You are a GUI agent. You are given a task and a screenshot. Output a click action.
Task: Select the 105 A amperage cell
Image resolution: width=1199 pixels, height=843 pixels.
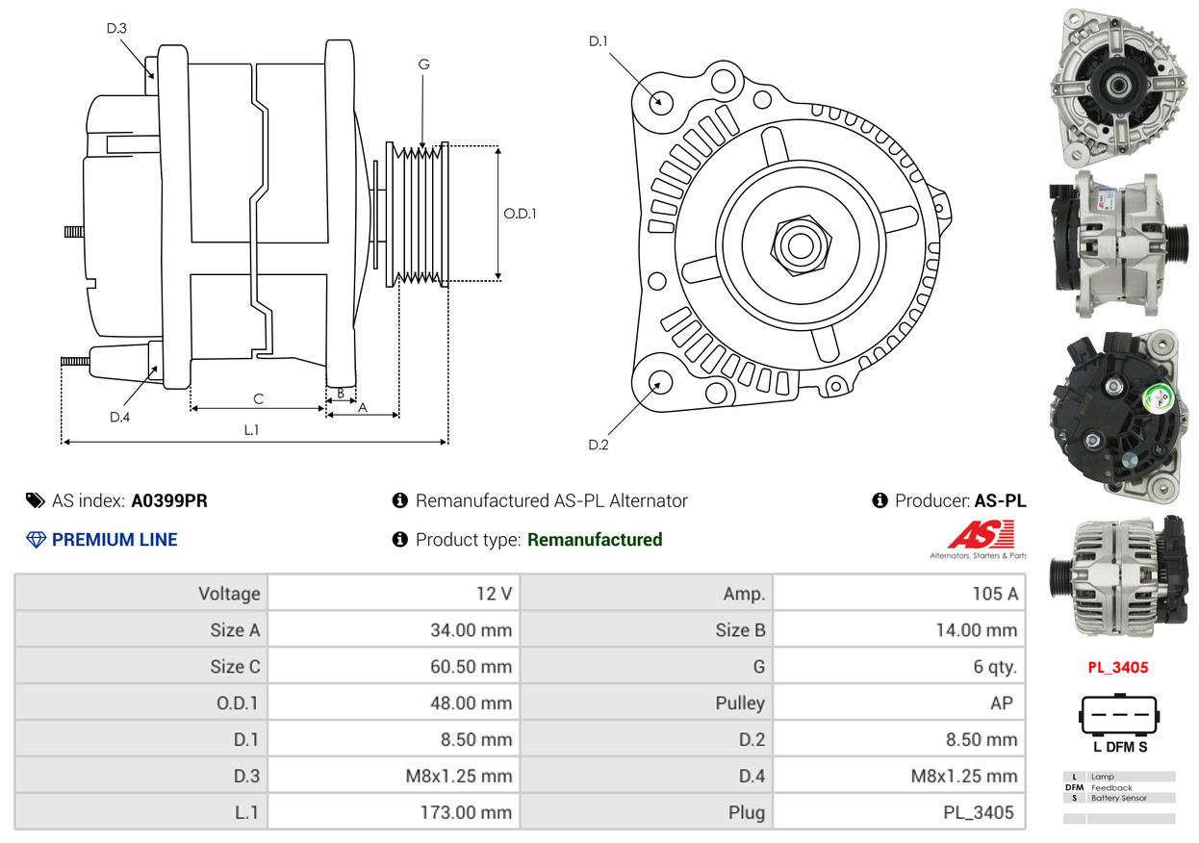coord(994,594)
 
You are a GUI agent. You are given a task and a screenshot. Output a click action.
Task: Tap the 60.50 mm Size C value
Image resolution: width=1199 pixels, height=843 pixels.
coord(471,667)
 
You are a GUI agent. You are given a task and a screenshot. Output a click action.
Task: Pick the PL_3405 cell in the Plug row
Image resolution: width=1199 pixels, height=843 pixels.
coord(979,812)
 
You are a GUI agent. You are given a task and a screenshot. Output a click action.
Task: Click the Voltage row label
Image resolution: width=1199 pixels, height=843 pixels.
coord(229,594)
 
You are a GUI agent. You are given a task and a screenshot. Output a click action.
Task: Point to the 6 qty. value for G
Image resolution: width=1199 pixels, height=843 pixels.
coord(995,667)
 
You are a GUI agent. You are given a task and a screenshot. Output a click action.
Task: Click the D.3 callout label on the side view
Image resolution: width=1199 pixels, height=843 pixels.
coord(116,28)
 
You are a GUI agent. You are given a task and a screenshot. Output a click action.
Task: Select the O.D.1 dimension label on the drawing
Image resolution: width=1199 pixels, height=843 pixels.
coord(520,214)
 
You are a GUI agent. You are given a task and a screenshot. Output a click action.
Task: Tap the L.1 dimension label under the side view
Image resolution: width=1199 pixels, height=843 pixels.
coord(251,430)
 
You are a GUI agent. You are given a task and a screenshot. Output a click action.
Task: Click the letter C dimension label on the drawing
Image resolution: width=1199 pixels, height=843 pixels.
coord(258,398)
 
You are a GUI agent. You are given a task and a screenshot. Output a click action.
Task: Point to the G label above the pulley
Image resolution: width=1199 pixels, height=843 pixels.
coord(423,64)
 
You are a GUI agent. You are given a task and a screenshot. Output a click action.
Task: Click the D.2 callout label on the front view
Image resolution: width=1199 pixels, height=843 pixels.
coord(599,445)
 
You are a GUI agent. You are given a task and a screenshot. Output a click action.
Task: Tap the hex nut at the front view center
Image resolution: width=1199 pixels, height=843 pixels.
coord(798,243)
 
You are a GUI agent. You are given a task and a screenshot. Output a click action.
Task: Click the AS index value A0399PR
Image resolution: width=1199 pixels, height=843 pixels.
coord(169,500)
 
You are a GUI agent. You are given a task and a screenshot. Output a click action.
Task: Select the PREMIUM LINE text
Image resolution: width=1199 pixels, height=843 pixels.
coord(115,540)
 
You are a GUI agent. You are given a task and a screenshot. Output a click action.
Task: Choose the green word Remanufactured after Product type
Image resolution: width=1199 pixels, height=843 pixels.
coord(595,540)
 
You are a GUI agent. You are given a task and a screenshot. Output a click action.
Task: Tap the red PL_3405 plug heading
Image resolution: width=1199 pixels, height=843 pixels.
coord(1118,667)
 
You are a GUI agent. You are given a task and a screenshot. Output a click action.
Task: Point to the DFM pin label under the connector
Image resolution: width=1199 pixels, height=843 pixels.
coord(1119,747)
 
